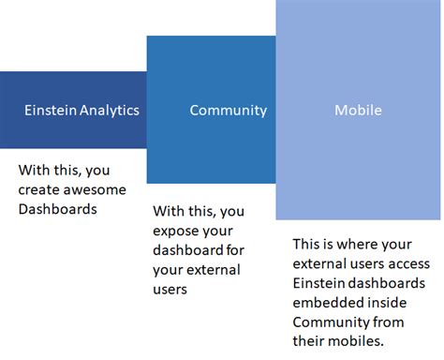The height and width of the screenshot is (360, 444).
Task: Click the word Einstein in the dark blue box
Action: pyautogui.click(x=52, y=110)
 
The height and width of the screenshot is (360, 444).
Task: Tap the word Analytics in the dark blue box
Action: pyautogui.click(x=110, y=110)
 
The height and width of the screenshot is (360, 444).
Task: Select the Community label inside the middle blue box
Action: pyautogui.click(x=228, y=110)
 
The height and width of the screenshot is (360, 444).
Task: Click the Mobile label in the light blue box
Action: pyautogui.click(x=358, y=110)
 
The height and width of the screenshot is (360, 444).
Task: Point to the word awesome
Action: pyautogui.click(x=93, y=191)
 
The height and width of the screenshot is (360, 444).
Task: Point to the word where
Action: pyautogui.click(x=356, y=243)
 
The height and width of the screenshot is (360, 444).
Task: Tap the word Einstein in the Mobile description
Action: pyautogui.click(x=319, y=283)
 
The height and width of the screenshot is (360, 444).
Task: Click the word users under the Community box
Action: pyautogui.click(x=170, y=290)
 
